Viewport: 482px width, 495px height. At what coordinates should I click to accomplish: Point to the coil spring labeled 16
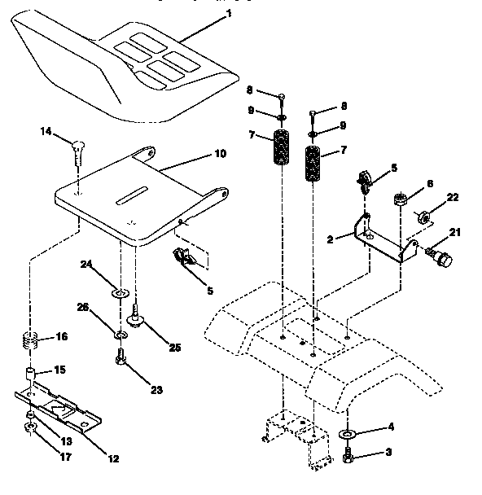30,340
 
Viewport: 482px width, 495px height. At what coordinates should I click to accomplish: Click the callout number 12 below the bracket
113,458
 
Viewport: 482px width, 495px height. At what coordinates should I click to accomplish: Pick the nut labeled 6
401,198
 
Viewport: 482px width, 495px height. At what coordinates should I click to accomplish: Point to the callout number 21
455,234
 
